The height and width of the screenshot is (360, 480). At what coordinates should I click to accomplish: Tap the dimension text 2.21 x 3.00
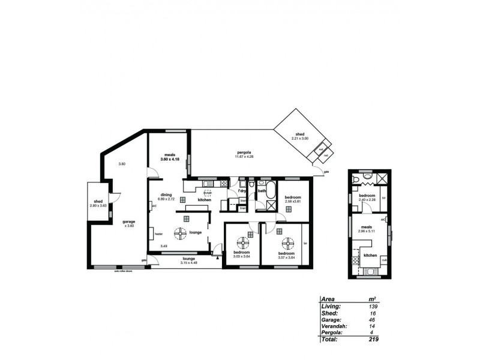pos(299,139)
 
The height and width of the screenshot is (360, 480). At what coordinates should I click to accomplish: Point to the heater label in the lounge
pos(158,233)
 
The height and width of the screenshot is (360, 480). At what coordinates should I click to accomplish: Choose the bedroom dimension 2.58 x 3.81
pos(293,201)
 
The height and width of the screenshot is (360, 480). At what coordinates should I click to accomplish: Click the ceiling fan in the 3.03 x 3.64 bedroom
pos(243,242)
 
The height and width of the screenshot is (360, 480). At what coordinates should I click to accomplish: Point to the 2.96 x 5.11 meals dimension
pos(367,230)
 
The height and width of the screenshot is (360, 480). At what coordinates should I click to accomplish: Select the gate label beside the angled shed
pos(326,172)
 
